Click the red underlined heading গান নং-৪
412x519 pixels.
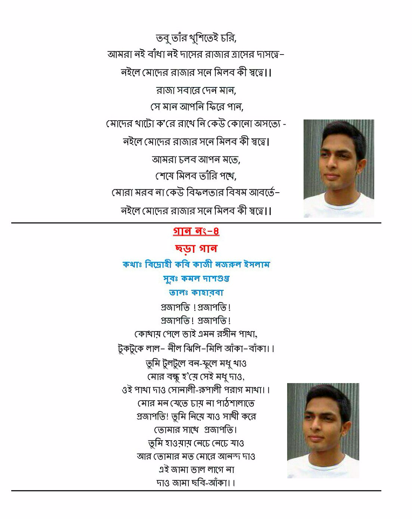click(196, 231)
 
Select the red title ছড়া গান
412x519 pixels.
click(196, 248)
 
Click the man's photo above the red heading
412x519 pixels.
click(338, 168)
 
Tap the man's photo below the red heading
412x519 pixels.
click(323, 430)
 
